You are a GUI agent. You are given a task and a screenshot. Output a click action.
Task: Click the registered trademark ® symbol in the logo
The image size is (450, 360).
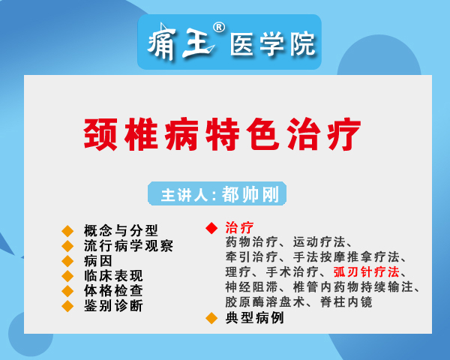pyautogui.click(x=219, y=28)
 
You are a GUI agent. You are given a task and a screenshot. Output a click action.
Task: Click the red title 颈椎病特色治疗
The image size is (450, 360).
pyautogui.click(x=222, y=134)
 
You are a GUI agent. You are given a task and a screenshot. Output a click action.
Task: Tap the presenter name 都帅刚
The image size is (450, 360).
pyautogui.click(x=250, y=194)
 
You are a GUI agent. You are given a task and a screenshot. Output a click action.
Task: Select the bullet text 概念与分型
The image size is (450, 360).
pyautogui.click(x=121, y=230)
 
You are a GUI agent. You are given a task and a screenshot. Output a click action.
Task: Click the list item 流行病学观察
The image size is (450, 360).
pyautogui.click(x=128, y=246)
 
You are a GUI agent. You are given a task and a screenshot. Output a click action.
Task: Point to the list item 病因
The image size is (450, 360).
pyautogui.click(x=97, y=261)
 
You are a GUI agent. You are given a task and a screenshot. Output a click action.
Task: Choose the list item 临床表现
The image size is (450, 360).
pyautogui.click(x=113, y=276)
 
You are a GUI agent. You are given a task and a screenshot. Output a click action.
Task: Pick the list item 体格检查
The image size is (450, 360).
pyautogui.click(x=113, y=290)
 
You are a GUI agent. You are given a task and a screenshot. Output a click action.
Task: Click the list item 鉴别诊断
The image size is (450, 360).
pyautogui.click(x=113, y=305)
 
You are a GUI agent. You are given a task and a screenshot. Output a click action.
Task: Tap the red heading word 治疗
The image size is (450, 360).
pyautogui.click(x=239, y=228)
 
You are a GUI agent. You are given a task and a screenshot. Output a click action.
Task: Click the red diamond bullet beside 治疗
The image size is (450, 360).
pyautogui.click(x=211, y=228)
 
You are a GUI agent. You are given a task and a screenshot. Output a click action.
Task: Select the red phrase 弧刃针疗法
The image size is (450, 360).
pyautogui.click(x=367, y=271)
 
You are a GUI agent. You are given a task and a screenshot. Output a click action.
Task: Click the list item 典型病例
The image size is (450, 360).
pyautogui.click(x=254, y=318)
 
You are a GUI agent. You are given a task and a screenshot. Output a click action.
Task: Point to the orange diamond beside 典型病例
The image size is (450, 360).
pyautogui.click(x=211, y=318)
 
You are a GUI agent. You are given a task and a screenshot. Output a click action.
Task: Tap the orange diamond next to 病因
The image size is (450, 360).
pyautogui.click(x=67, y=261)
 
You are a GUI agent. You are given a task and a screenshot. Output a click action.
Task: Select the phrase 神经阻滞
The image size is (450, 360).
pyautogui.click(x=251, y=286)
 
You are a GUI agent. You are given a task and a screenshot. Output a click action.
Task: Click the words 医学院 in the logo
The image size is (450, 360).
pyautogui.click(x=272, y=43)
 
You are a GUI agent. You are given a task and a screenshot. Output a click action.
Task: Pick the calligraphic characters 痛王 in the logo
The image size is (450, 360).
pyautogui.click(x=181, y=42)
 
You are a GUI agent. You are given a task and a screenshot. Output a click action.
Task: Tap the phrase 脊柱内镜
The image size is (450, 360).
pyautogui.click(x=346, y=302)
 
